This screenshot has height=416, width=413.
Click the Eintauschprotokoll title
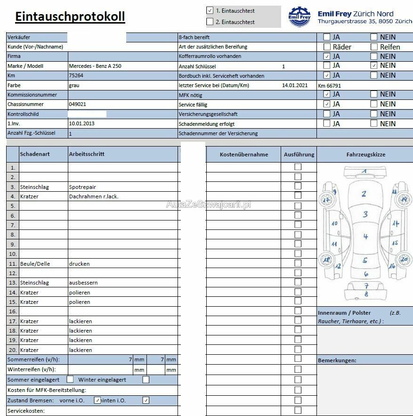70,16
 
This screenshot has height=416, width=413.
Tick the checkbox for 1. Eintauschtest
210,10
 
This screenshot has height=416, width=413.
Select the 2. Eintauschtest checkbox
210,22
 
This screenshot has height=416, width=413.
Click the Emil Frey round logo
300,16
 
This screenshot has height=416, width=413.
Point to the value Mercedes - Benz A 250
95,66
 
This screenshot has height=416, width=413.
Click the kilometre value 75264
76,75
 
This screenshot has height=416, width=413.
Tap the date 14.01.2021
295,85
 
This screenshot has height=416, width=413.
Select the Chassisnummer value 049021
78,104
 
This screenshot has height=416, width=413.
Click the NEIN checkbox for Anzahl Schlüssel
374,65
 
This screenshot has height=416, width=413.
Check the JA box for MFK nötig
327,94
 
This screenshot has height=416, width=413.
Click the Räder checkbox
327,47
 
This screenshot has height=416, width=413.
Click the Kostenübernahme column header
244,155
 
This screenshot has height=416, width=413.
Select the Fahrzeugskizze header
365,155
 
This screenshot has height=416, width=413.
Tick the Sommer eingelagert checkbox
70,379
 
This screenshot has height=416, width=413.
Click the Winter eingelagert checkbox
146,379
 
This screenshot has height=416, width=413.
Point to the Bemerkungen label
337,360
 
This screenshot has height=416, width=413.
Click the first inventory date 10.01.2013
81,123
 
